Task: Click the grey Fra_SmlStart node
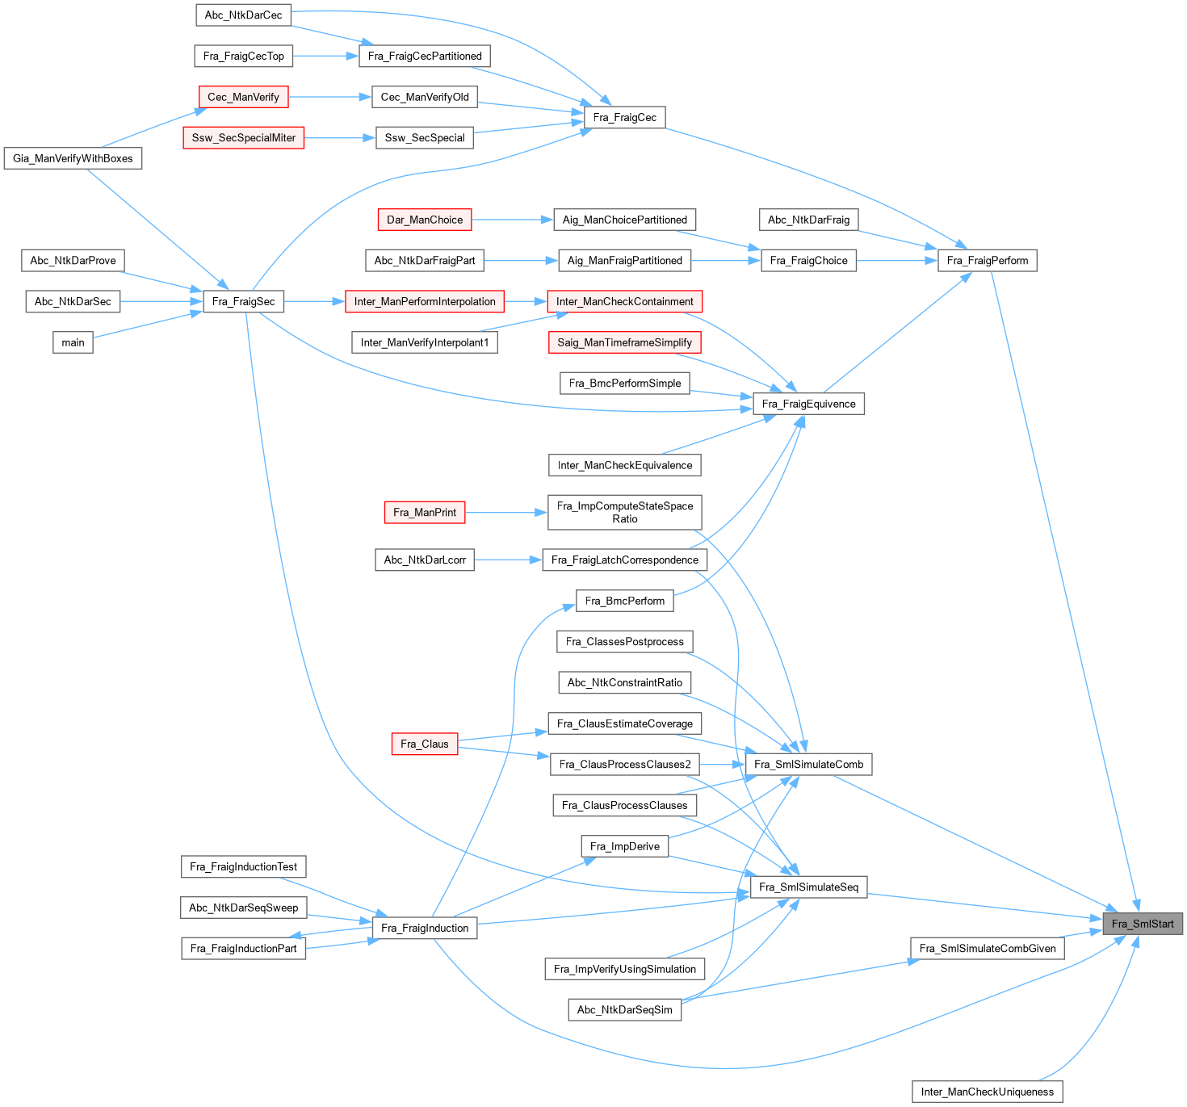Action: [1143, 924]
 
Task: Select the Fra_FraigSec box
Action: [243, 301]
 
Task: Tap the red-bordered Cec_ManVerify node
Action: [243, 97]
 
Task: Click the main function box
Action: [73, 342]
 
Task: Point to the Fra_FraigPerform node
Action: [987, 260]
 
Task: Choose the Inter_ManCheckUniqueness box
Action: [987, 1092]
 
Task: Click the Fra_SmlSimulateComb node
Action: [808, 764]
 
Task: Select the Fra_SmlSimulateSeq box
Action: [808, 887]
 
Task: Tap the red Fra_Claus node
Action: [424, 744]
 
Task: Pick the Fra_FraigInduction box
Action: [424, 928]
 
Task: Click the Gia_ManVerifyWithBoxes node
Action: [73, 158]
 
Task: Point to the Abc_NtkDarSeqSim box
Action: [624, 1009]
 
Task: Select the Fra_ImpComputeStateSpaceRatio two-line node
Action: [624, 512]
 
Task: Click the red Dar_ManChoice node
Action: [424, 220]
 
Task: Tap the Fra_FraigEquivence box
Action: [808, 404]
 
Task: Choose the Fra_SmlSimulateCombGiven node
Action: [987, 948]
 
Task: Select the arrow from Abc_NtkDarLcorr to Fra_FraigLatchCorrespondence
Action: [508, 560]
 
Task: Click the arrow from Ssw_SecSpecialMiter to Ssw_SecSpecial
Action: [340, 138]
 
